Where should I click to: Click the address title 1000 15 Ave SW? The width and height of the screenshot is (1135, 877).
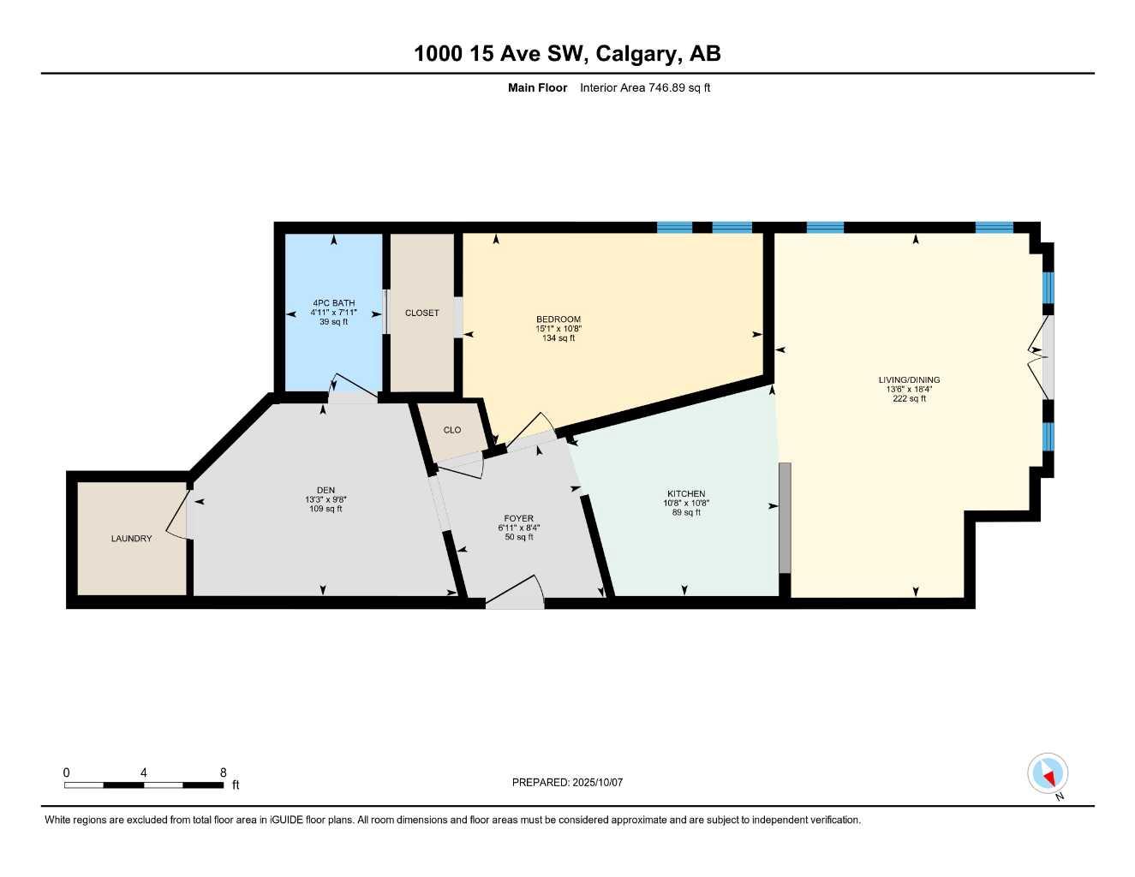point(566,53)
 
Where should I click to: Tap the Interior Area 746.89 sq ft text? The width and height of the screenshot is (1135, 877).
point(644,87)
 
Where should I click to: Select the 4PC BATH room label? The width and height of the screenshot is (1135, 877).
point(333,303)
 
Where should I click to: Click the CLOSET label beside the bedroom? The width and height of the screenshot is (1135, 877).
point(421,313)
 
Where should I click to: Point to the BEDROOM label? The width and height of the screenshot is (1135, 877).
point(558,319)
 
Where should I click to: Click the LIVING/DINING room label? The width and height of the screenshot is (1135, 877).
point(909,380)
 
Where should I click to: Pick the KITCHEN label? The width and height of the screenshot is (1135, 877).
point(686,494)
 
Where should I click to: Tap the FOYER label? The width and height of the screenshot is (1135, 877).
point(518,519)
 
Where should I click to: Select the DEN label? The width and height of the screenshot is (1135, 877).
point(326,491)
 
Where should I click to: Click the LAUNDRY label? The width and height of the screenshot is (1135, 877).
point(131,539)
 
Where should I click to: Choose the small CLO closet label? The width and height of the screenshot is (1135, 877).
point(452,430)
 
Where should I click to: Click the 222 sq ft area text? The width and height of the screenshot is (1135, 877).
point(909,399)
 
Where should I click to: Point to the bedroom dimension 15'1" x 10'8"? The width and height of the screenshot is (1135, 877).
point(558,329)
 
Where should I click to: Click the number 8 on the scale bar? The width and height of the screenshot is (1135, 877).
point(224,773)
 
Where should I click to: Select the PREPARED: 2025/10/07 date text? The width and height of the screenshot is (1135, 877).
point(567,783)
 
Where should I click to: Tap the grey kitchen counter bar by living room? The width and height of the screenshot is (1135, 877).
point(784,518)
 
